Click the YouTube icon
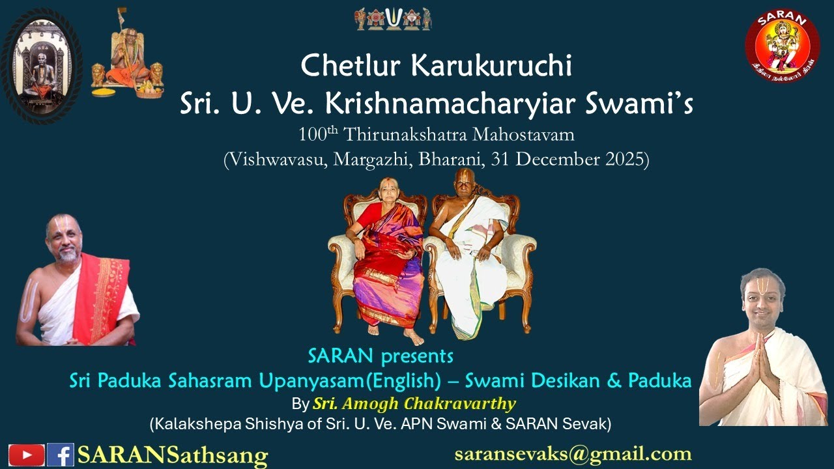[27, 454]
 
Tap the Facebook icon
[60, 454]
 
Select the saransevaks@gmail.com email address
[573, 454]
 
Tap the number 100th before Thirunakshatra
[319, 135]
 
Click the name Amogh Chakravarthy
[414, 403]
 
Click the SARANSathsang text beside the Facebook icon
[172, 455]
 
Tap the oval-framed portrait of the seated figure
[41, 65]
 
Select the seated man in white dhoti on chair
[469, 254]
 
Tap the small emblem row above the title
[393, 19]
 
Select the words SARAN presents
[381, 356]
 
